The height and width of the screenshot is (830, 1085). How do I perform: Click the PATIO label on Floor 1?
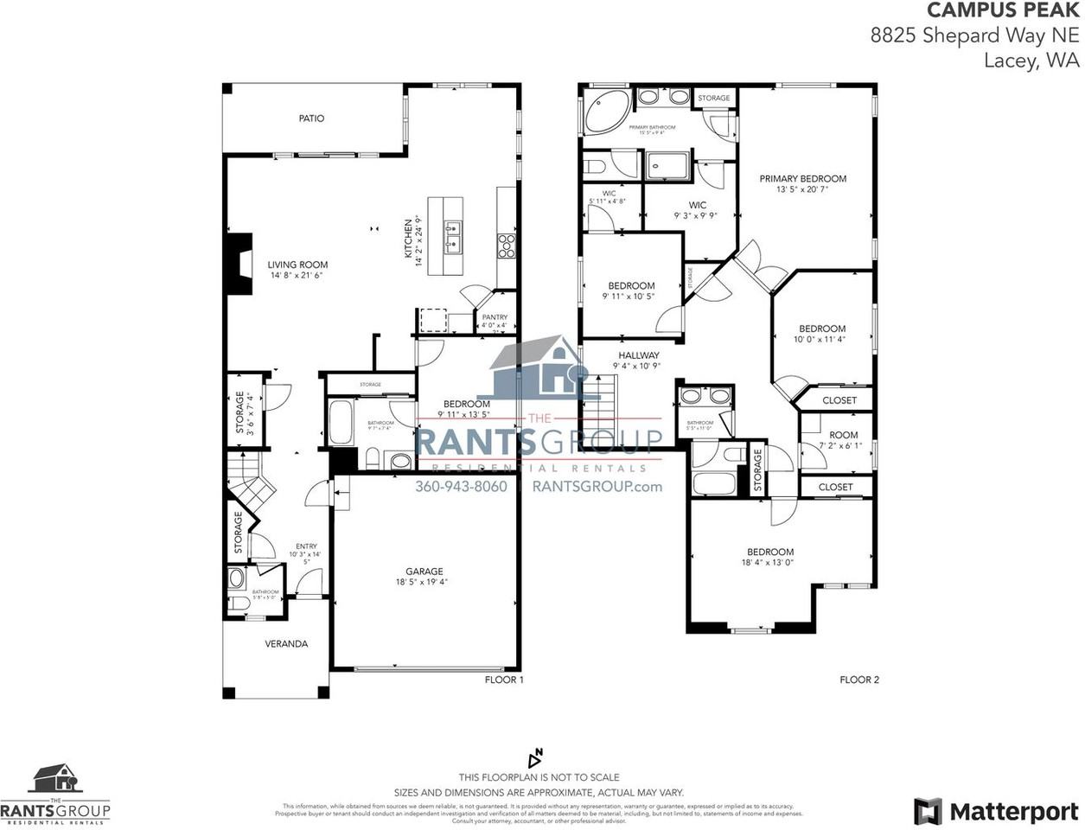click(311, 118)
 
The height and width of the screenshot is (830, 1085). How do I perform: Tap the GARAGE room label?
click(424, 571)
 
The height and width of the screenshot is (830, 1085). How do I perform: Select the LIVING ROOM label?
click(297, 265)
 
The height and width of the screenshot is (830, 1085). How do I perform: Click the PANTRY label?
click(495, 317)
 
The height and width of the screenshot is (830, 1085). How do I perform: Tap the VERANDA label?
click(286, 644)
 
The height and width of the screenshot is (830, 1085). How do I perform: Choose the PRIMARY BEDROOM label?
click(802, 179)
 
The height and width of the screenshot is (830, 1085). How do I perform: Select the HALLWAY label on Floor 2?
click(639, 355)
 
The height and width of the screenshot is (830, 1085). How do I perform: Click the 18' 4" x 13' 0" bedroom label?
click(769, 552)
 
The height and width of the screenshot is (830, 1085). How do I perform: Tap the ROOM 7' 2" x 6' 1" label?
click(843, 436)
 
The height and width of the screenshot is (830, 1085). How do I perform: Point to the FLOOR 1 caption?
click(504, 680)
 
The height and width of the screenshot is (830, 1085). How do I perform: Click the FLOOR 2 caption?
click(859, 680)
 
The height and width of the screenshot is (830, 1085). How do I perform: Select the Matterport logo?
click(996, 812)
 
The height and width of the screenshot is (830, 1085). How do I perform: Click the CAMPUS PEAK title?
click(1003, 11)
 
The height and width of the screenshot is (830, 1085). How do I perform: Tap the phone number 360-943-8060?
click(461, 487)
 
